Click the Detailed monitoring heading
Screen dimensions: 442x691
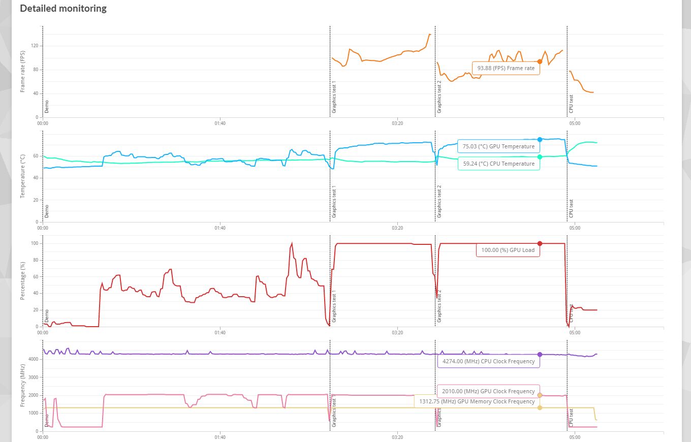coord(63,9)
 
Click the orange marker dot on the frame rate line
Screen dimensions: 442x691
coord(540,61)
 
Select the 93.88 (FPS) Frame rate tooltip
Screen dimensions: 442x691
coord(506,68)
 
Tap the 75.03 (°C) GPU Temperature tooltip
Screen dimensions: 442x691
coord(498,146)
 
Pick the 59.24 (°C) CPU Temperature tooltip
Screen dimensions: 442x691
coord(498,164)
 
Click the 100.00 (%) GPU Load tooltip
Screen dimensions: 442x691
coord(508,250)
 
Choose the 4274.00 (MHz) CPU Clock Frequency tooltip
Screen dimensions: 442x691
coord(488,361)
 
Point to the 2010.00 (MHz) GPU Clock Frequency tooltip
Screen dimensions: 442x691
coord(488,391)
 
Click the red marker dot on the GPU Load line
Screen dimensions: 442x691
coord(540,243)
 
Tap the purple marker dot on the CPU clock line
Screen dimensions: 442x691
coord(540,355)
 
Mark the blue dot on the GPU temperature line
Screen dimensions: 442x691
coord(540,139)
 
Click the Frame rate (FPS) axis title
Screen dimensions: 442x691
coord(22,71)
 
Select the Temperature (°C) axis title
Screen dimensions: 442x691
coord(22,176)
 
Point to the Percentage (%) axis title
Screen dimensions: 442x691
coord(22,281)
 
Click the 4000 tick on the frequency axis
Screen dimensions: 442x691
coord(33,359)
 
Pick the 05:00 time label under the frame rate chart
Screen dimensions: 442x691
coord(574,122)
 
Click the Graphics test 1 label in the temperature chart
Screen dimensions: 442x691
coord(334,202)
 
